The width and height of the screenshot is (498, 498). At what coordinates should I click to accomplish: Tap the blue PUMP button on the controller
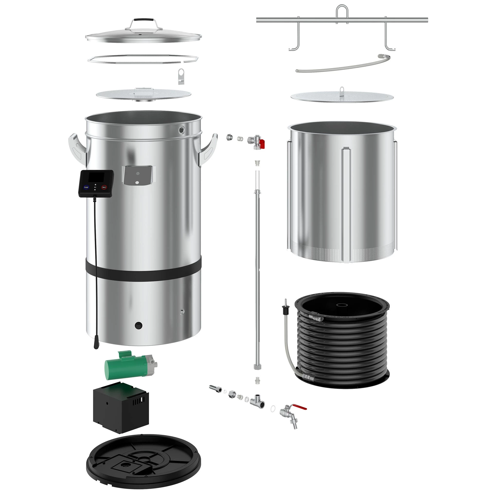86,187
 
